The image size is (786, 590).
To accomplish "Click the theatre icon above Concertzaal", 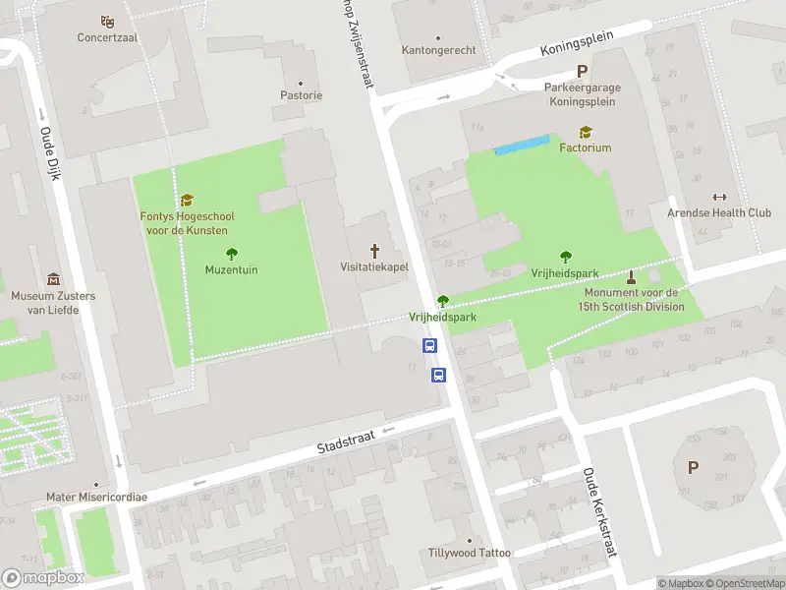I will (108, 21).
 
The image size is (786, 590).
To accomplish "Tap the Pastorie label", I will (300, 95).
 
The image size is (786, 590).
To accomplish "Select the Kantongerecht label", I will (438, 50).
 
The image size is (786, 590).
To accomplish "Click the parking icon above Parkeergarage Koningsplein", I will (582, 71).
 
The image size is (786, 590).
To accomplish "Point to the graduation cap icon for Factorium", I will (586, 132).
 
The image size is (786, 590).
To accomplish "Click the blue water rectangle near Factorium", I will (521, 146).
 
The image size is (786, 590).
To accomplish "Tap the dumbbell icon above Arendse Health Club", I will (719, 197).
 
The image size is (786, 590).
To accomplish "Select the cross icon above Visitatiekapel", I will (373, 251).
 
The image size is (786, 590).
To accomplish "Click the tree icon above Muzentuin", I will (232, 254).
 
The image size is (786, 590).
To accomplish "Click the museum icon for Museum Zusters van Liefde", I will (53, 280).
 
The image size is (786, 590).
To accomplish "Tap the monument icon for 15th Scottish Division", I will (631, 276).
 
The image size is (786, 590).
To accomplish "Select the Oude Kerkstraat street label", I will (598, 511).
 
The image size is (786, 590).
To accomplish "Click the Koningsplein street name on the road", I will (576, 43).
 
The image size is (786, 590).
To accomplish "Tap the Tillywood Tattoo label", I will (470, 553).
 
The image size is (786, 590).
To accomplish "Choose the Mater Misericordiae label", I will (96, 498).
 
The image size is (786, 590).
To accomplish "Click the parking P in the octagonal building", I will (693, 468).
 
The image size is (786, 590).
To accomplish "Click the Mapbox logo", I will (43, 578).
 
